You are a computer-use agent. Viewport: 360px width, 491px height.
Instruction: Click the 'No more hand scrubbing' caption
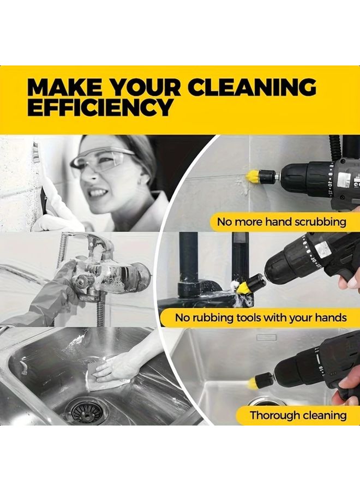coord(281,222)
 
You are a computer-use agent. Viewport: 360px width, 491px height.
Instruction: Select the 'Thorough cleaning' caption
coord(298,415)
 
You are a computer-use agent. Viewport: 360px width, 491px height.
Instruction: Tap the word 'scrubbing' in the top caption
coord(321,222)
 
